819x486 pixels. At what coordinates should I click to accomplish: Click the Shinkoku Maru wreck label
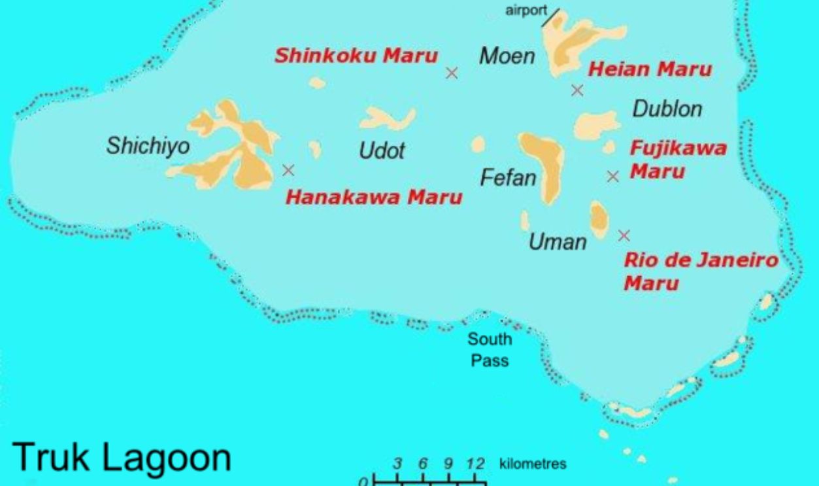tap(356, 56)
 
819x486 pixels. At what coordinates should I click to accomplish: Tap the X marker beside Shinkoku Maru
tap(451, 73)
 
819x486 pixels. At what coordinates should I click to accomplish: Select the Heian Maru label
tap(649, 69)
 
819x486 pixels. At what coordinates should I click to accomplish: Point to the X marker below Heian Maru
tap(577, 90)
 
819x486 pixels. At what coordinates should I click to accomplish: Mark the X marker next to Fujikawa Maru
tap(612, 176)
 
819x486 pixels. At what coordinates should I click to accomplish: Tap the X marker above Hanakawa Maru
tap(288, 170)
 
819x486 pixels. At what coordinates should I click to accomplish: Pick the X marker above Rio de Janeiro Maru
tap(624, 235)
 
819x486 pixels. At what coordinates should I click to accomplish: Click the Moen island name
tap(507, 56)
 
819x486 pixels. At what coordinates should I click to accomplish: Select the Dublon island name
tap(667, 109)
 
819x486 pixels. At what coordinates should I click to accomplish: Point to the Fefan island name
tap(508, 178)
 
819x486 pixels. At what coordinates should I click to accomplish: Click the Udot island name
tap(382, 152)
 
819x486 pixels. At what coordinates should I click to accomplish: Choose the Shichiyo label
tap(148, 147)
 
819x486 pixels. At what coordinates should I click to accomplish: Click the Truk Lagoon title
tap(122, 459)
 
